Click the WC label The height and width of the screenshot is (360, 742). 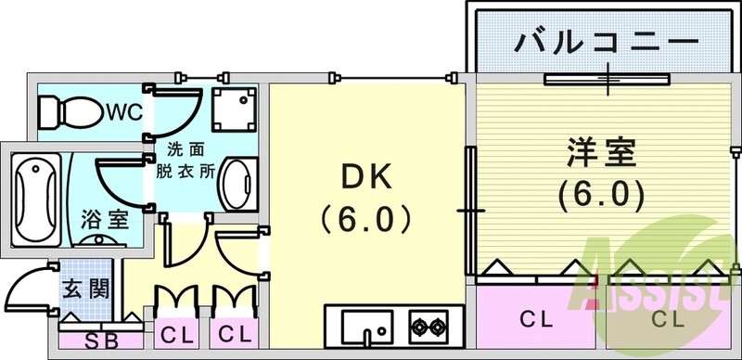pyautogui.click(x=122, y=112)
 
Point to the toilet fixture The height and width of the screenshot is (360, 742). pyautogui.click(x=70, y=112)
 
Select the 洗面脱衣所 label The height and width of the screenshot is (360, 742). pyautogui.click(x=191, y=159)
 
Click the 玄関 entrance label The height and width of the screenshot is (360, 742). pyautogui.click(x=85, y=289)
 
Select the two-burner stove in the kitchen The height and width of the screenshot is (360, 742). pyautogui.click(x=428, y=327)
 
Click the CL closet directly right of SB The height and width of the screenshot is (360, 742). pyautogui.click(x=175, y=332)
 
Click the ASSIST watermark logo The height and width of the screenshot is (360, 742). pyautogui.click(x=649, y=278)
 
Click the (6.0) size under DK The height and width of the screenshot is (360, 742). pyautogui.click(x=365, y=220)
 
